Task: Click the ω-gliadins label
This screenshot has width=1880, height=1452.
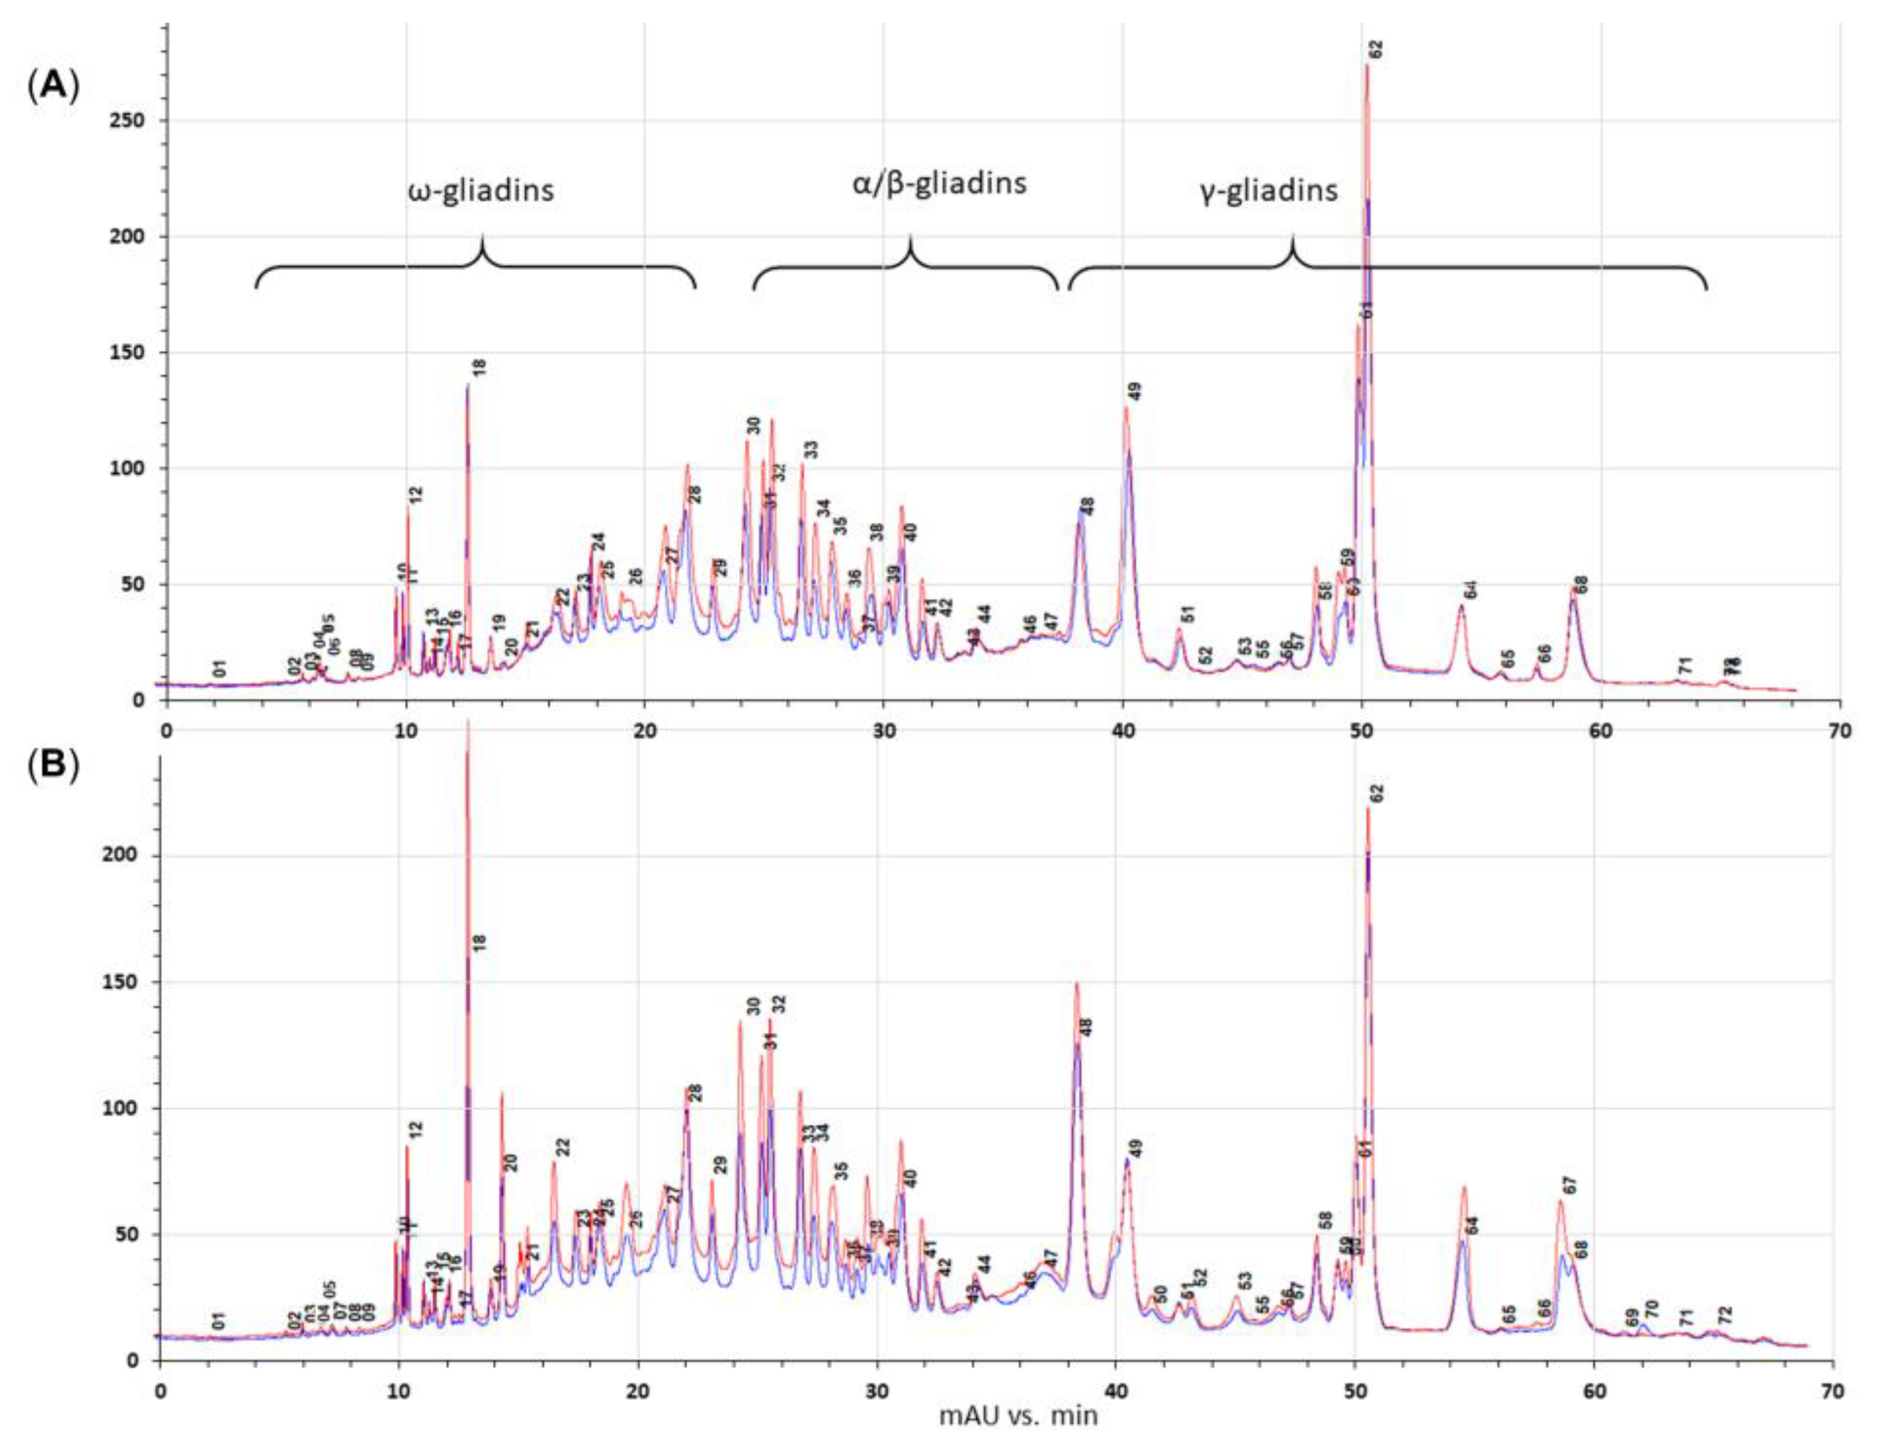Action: (480, 190)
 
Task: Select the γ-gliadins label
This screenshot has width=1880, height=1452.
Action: (1269, 189)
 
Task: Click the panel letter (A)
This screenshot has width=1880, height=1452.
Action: (53, 87)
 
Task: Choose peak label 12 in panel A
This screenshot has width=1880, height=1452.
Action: (417, 495)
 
